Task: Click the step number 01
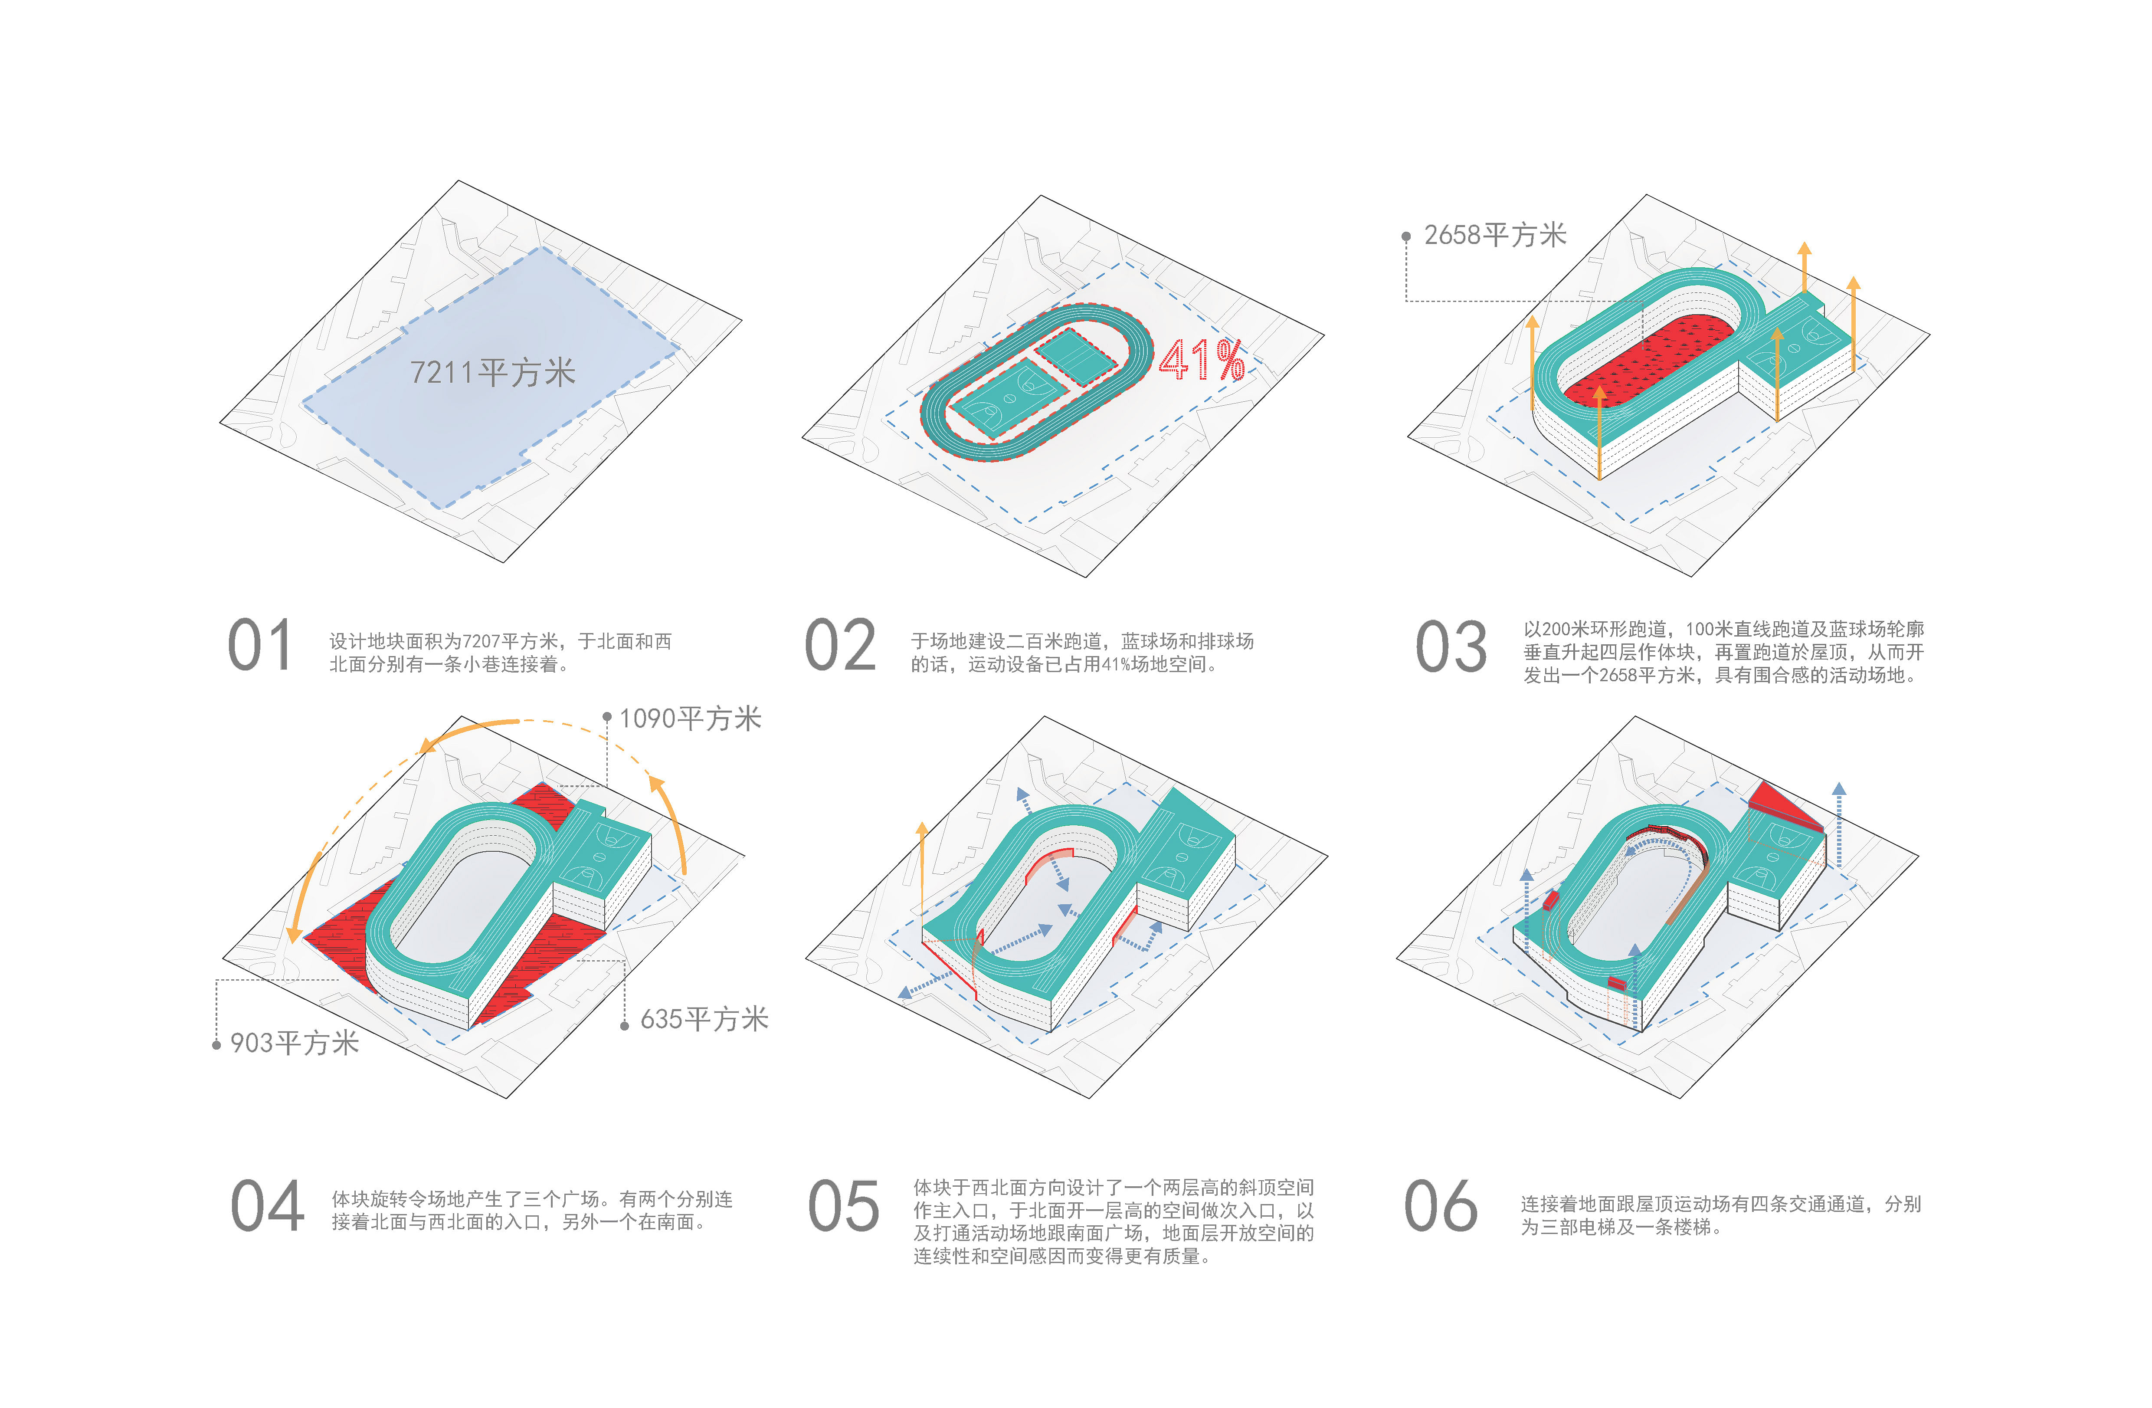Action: (x=259, y=646)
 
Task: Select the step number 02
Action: (x=840, y=646)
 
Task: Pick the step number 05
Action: (x=843, y=1206)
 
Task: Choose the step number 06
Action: (x=1441, y=1206)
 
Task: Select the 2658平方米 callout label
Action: (x=1495, y=235)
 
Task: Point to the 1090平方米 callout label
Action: (x=690, y=719)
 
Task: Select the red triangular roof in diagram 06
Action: (x=1781, y=807)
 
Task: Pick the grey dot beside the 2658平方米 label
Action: (x=1406, y=237)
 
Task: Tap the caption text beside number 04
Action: (x=532, y=1210)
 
